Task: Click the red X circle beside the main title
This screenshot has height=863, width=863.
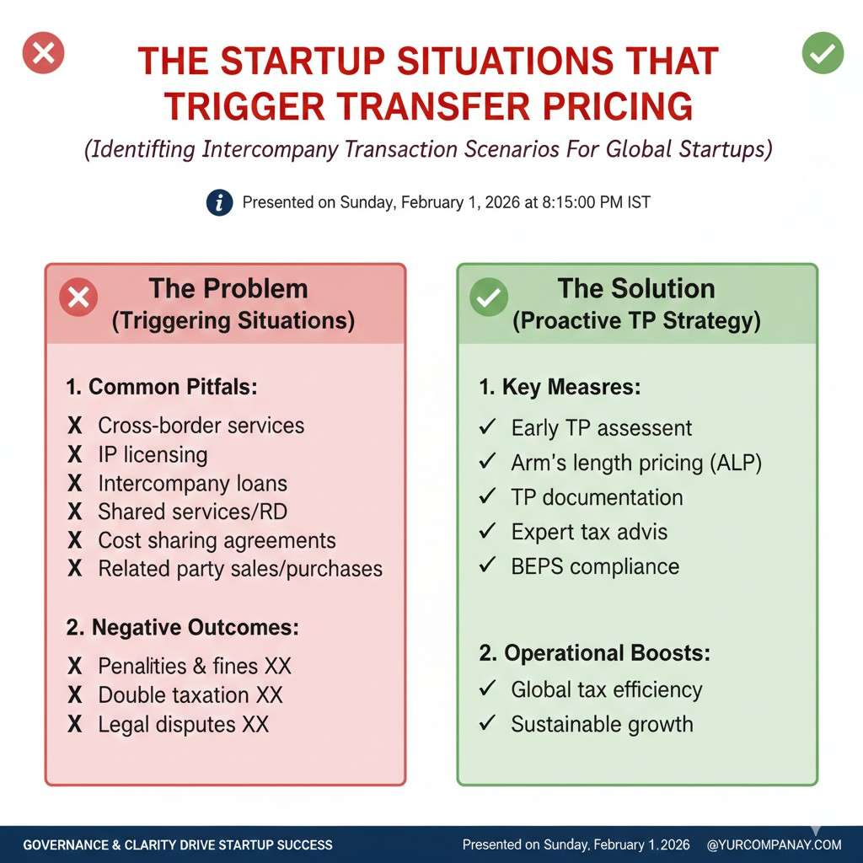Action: coord(44,53)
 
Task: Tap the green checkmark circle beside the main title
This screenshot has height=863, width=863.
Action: coord(823,53)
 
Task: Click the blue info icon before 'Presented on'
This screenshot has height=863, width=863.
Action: coord(220,202)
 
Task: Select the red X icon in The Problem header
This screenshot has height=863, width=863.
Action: coord(78,297)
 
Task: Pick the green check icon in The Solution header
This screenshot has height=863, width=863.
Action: coord(489,297)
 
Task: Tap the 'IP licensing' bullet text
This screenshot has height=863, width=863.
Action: coord(153,454)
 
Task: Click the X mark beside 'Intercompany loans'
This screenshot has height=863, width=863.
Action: coord(75,483)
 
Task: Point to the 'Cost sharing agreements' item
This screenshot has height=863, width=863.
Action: coord(217,540)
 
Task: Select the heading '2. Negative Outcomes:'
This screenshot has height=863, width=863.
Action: coord(183,627)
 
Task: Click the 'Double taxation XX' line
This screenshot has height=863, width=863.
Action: coord(190,694)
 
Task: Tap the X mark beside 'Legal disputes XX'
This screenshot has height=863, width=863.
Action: coord(75,724)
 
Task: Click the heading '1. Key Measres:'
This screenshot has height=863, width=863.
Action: coord(560,387)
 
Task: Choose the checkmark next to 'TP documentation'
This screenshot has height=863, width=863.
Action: coord(488,496)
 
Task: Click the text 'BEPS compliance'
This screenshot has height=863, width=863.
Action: coord(595,566)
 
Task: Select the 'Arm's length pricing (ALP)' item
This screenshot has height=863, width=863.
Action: coord(636,463)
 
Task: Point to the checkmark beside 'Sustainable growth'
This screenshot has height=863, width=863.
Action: coord(488,723)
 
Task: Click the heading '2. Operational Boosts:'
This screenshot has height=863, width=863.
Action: coord(594,653)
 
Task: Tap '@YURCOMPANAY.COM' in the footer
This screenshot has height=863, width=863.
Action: coord(775,844)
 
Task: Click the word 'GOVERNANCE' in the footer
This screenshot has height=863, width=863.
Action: coord(66,844)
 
